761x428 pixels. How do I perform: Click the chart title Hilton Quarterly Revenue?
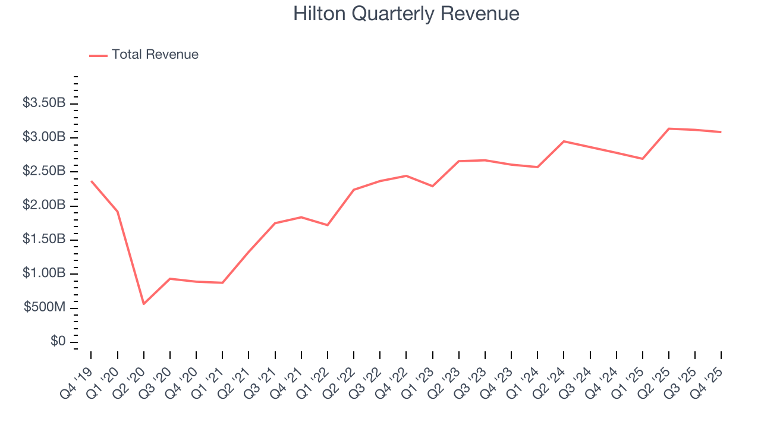coord(406,14)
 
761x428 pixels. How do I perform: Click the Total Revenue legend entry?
coord(155,55)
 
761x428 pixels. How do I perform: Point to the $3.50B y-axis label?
coord(44,103)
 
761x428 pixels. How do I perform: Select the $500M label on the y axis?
coord(44,308)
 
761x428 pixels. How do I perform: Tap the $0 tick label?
coord(58,342)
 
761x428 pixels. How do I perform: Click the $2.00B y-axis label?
coord(44,205)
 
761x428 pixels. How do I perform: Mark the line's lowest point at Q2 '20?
coord(143,304)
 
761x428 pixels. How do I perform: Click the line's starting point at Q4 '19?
coord(91,181)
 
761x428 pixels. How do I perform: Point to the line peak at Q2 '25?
coord(669,128)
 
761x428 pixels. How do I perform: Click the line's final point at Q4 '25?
coord(721,132)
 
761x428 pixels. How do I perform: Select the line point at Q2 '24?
coord(564,141)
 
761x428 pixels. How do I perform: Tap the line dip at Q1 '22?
coord(328,225)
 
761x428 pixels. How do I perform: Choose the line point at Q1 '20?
coord(117,211)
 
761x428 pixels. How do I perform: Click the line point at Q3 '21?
coord(275,223)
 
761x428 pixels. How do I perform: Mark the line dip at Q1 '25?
coord(642,159)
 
